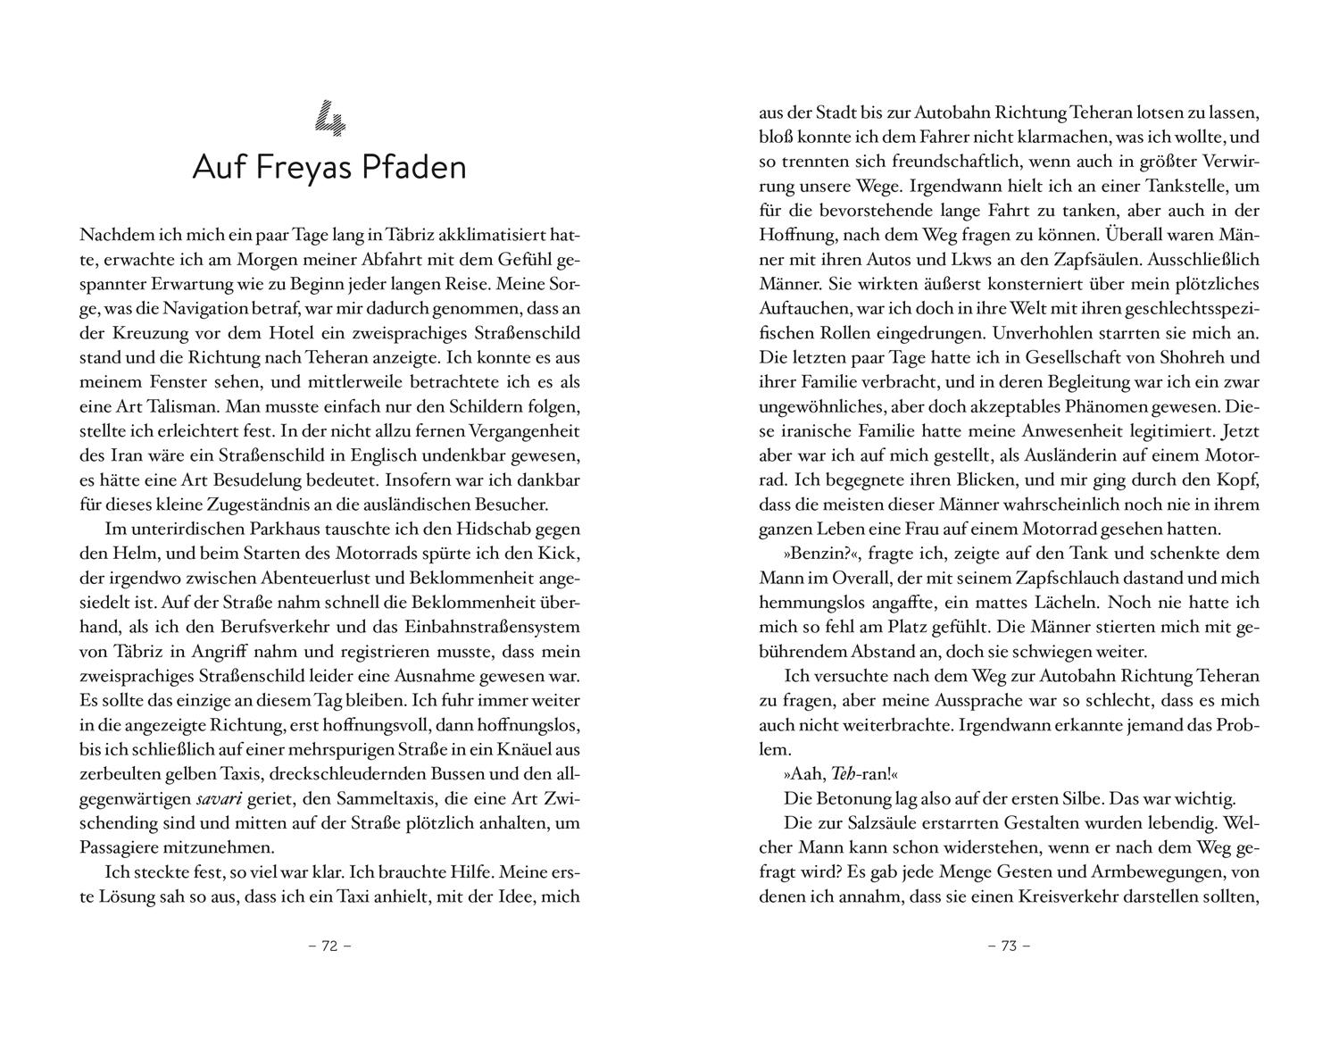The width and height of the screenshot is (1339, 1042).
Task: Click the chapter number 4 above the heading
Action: [329, 119]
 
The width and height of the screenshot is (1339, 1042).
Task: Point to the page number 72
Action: [329, 946]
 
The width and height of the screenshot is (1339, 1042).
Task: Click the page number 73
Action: [1009, 946]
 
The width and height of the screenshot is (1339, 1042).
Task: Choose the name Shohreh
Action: [1221, 357]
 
